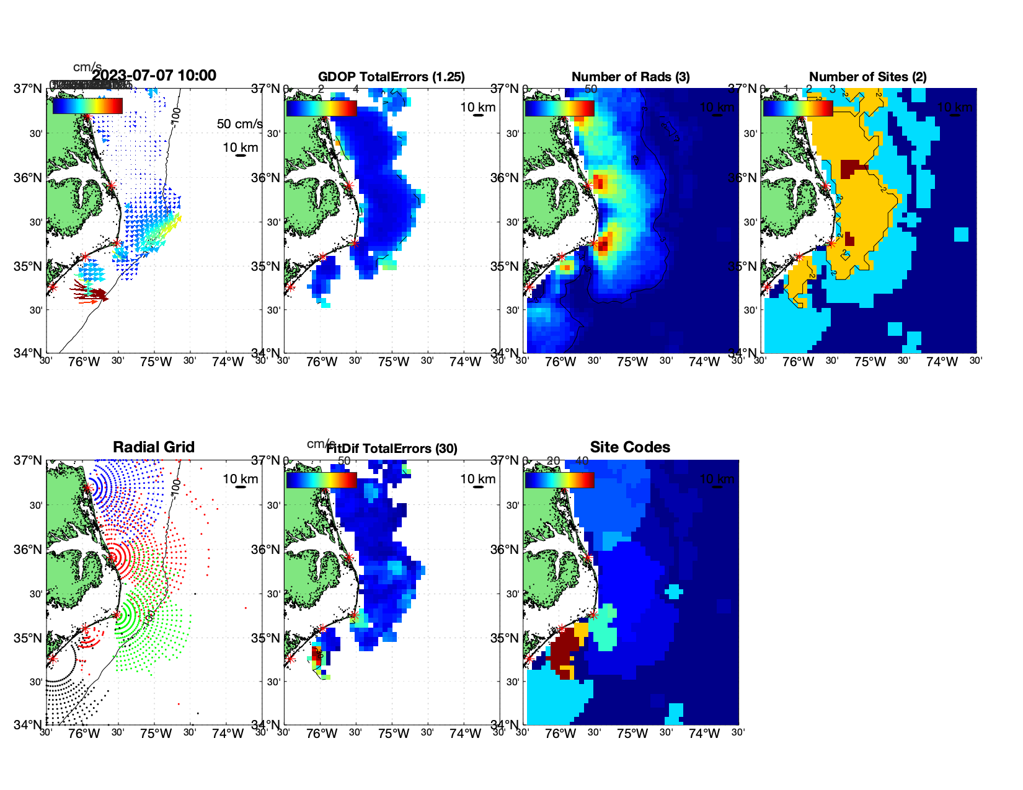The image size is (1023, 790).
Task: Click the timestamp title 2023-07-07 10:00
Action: (154, 76)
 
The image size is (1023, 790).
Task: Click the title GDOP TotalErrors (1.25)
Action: (391, 77)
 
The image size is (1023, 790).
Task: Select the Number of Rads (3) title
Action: (630, 77)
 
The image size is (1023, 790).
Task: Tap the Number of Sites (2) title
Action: (867, 77)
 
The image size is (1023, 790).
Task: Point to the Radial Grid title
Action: (154, 447)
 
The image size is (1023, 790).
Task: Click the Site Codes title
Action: (630, 447)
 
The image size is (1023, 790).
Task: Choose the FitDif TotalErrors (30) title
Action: (391, 449)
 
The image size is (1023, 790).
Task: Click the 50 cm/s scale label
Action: (239, 124)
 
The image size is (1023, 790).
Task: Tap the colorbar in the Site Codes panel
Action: (559, 480)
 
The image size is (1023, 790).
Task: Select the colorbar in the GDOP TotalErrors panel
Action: (321, 108)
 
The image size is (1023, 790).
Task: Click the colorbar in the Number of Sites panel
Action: (797, 108)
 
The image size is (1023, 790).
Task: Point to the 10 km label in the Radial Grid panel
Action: (241, 479)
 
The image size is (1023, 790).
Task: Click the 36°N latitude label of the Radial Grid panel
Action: (27, 550)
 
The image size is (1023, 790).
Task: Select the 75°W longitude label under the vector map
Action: (156, 362)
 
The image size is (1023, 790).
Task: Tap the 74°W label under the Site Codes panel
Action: (704, 734)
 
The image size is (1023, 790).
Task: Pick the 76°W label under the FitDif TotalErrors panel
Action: (322, 734)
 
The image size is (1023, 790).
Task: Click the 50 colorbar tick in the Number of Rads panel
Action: (591, 89)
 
